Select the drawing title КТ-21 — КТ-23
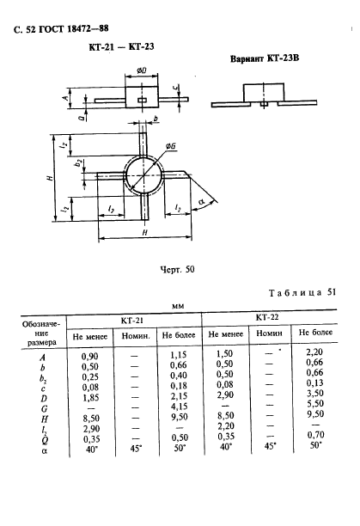coord(121,46)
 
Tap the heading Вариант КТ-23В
coord(265,58)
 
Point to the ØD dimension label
coord(142,70)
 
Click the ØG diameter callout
coord(171,146)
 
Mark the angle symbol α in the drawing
coord(201,202)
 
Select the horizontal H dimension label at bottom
coord(145,232)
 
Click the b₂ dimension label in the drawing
coord(78,163)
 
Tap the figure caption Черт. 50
coord(177,269)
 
